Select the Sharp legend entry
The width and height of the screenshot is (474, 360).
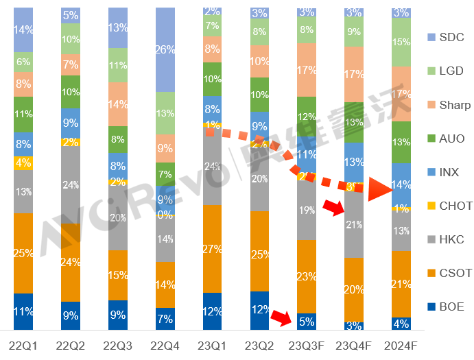coord(449,104)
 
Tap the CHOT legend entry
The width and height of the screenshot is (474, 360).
coord(449,206)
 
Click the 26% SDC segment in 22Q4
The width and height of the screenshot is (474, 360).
coord(165,49)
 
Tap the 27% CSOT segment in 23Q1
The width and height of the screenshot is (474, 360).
coord(213,249)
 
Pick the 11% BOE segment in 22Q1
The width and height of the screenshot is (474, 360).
coord(23,311)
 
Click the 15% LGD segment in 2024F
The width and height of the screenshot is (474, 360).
coord(401,42)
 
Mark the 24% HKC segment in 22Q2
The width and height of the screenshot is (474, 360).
coord(71,184)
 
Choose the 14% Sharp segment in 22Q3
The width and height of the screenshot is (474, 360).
coord(118,104)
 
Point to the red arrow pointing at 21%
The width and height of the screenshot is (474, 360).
coord(335,206)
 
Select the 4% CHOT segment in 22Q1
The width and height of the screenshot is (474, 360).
coord(23,163)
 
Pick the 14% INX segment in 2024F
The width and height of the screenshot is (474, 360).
coord(401,184)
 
